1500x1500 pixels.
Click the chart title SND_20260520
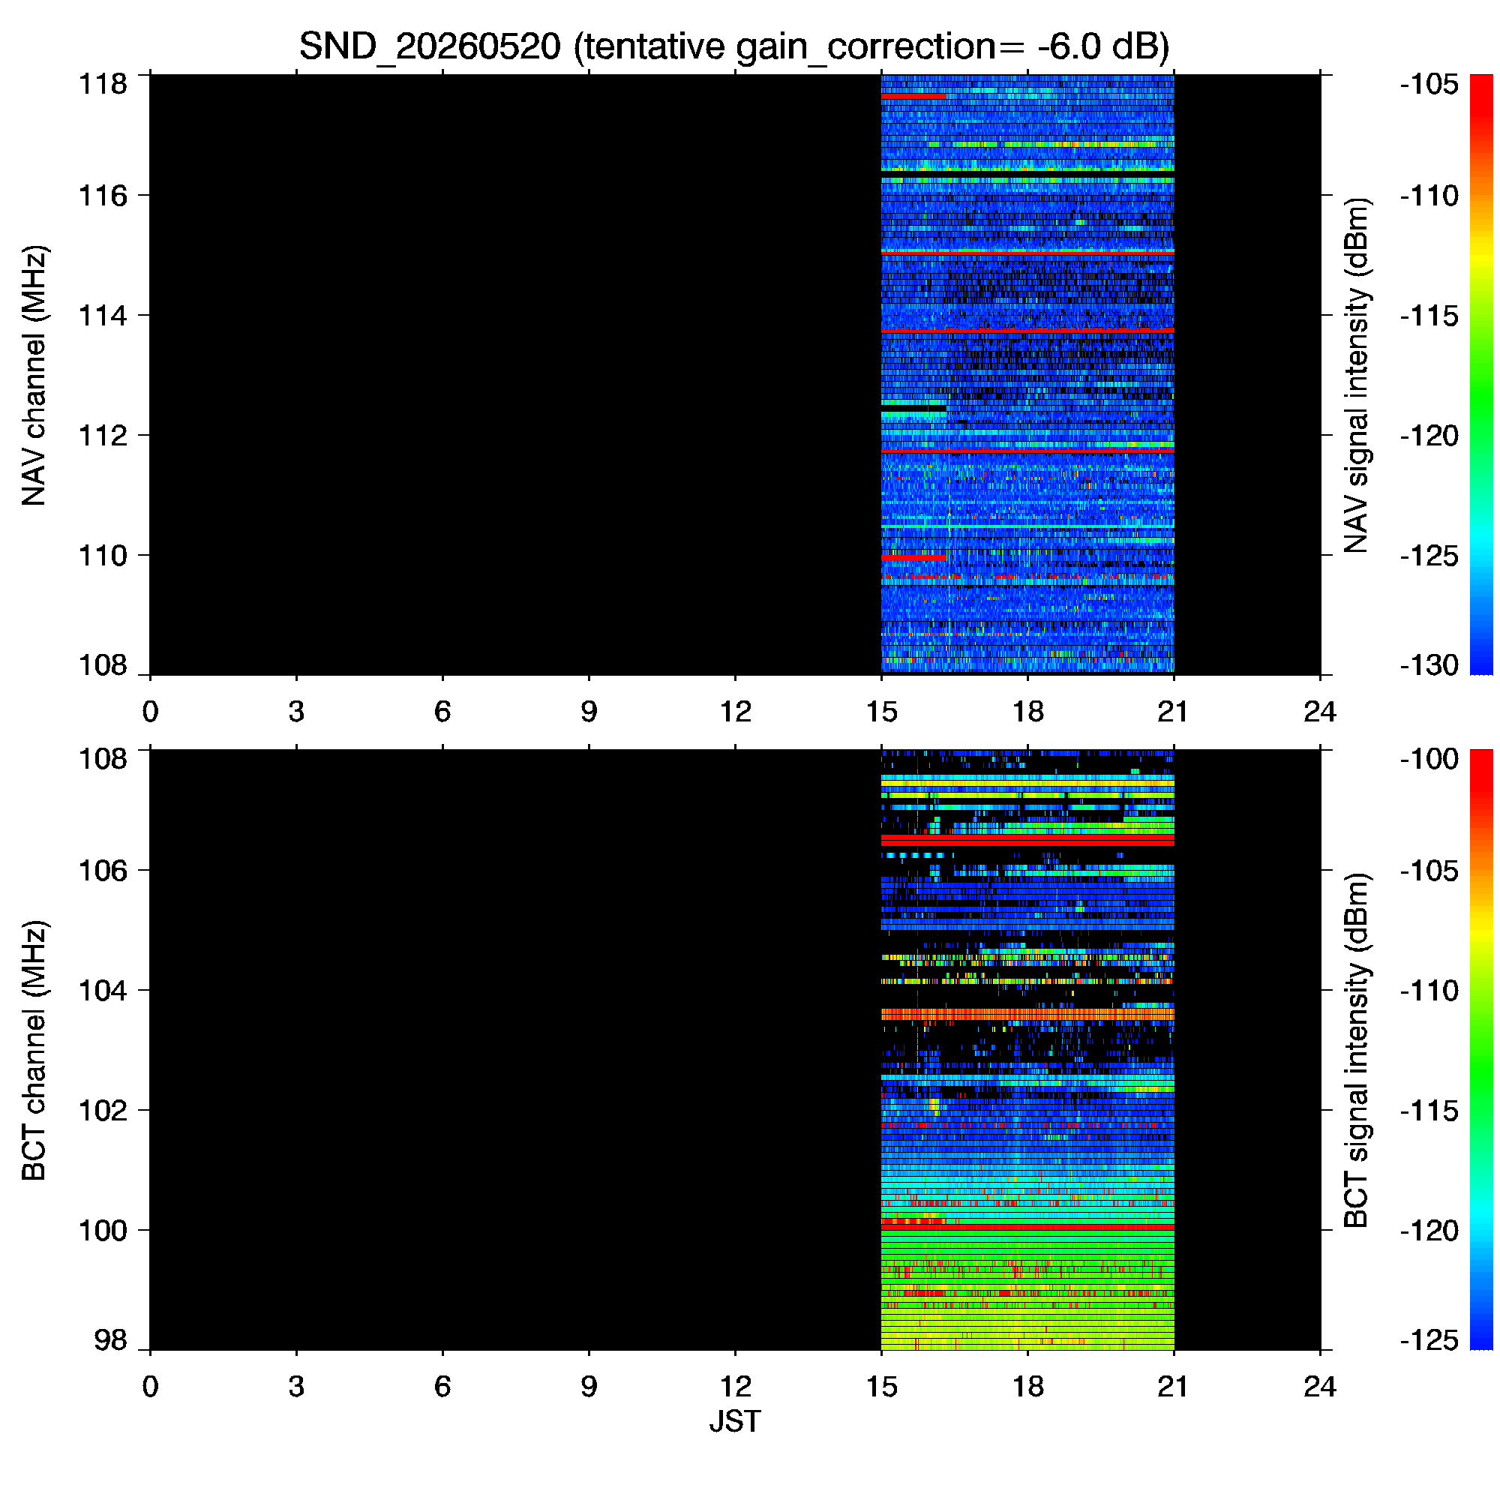(x=429, y=46)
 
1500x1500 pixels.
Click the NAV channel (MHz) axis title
(x=35, y=376)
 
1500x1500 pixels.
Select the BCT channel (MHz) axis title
(x=35, y=1051)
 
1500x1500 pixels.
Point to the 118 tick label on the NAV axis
(x=103, y=83)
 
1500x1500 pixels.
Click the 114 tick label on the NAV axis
(x=103, y=316)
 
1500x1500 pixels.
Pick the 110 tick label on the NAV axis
(x=103, y=556)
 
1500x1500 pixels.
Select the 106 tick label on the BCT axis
(x=103, y=870)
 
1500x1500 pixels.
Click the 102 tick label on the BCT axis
(x=103, y=1110)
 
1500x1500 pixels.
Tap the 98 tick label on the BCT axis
(x=110, y=1341)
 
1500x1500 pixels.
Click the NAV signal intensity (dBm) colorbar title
(x=1355, y=376)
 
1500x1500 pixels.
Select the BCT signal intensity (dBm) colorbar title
(x=1355, y=1051)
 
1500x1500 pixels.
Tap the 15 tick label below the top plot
(x=881, y=711)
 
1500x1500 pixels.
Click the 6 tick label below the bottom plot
(x=442, y=1386)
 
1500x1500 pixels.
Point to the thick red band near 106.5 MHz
(x=1027, y=841)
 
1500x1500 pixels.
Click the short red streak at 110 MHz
(x=913, y=558)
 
